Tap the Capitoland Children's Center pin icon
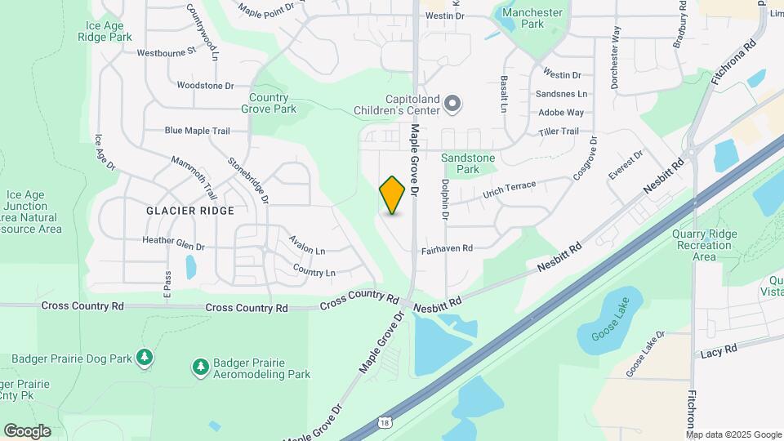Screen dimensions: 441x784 pyautogui.click(x=453, y=105)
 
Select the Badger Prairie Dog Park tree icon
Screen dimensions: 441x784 pyautogui.click(x=145, y=357)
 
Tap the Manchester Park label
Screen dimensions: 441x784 pyautogui.click(x=532, y=18)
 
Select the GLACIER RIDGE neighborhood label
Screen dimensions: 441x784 pyautogui.click(x=190, y=210)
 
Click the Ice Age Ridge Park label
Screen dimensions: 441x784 pyautogui.click(x=109, y=31)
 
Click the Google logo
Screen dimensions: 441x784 pyautogui.click(x=26, y=430)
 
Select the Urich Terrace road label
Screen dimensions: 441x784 pyautogui.click(x=509, y=189)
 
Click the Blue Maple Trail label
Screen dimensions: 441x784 pyautogui.click(x=197, y=131)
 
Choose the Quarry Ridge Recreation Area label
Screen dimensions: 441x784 pyautogui.click(x=704, y=245)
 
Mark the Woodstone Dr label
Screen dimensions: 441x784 pyautogui.click(x=205, y=85)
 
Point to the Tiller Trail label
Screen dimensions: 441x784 pyautogui.click(x=559, y=132)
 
